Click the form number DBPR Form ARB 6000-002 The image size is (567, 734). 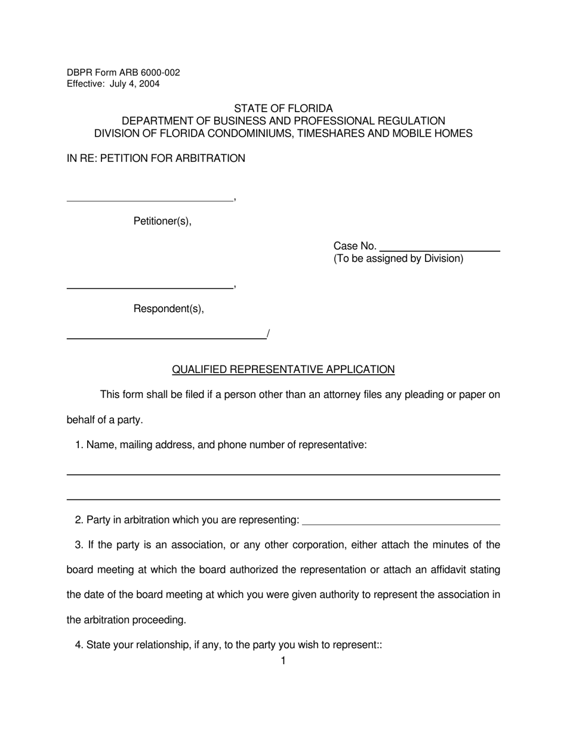coord(123,73)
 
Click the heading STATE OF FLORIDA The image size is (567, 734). coord(283,109)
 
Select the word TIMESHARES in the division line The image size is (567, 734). coord(331,134)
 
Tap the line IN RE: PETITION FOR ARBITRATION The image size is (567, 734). coord(156,159)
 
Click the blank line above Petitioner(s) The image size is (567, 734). coord(150,200)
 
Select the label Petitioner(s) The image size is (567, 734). coord(162,221)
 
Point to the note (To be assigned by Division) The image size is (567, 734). coord(398,259)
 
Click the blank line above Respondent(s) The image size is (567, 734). coord(150,288)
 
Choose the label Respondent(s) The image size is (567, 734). coord(168,309)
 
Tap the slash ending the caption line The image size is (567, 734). coord(269,334)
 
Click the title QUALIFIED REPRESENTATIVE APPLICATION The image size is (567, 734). coord(283,370)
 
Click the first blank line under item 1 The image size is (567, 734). coord(283,474)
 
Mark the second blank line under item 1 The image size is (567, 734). coord(283,499)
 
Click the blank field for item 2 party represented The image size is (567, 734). coord(401,524)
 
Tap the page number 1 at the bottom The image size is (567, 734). coord(283,661)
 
